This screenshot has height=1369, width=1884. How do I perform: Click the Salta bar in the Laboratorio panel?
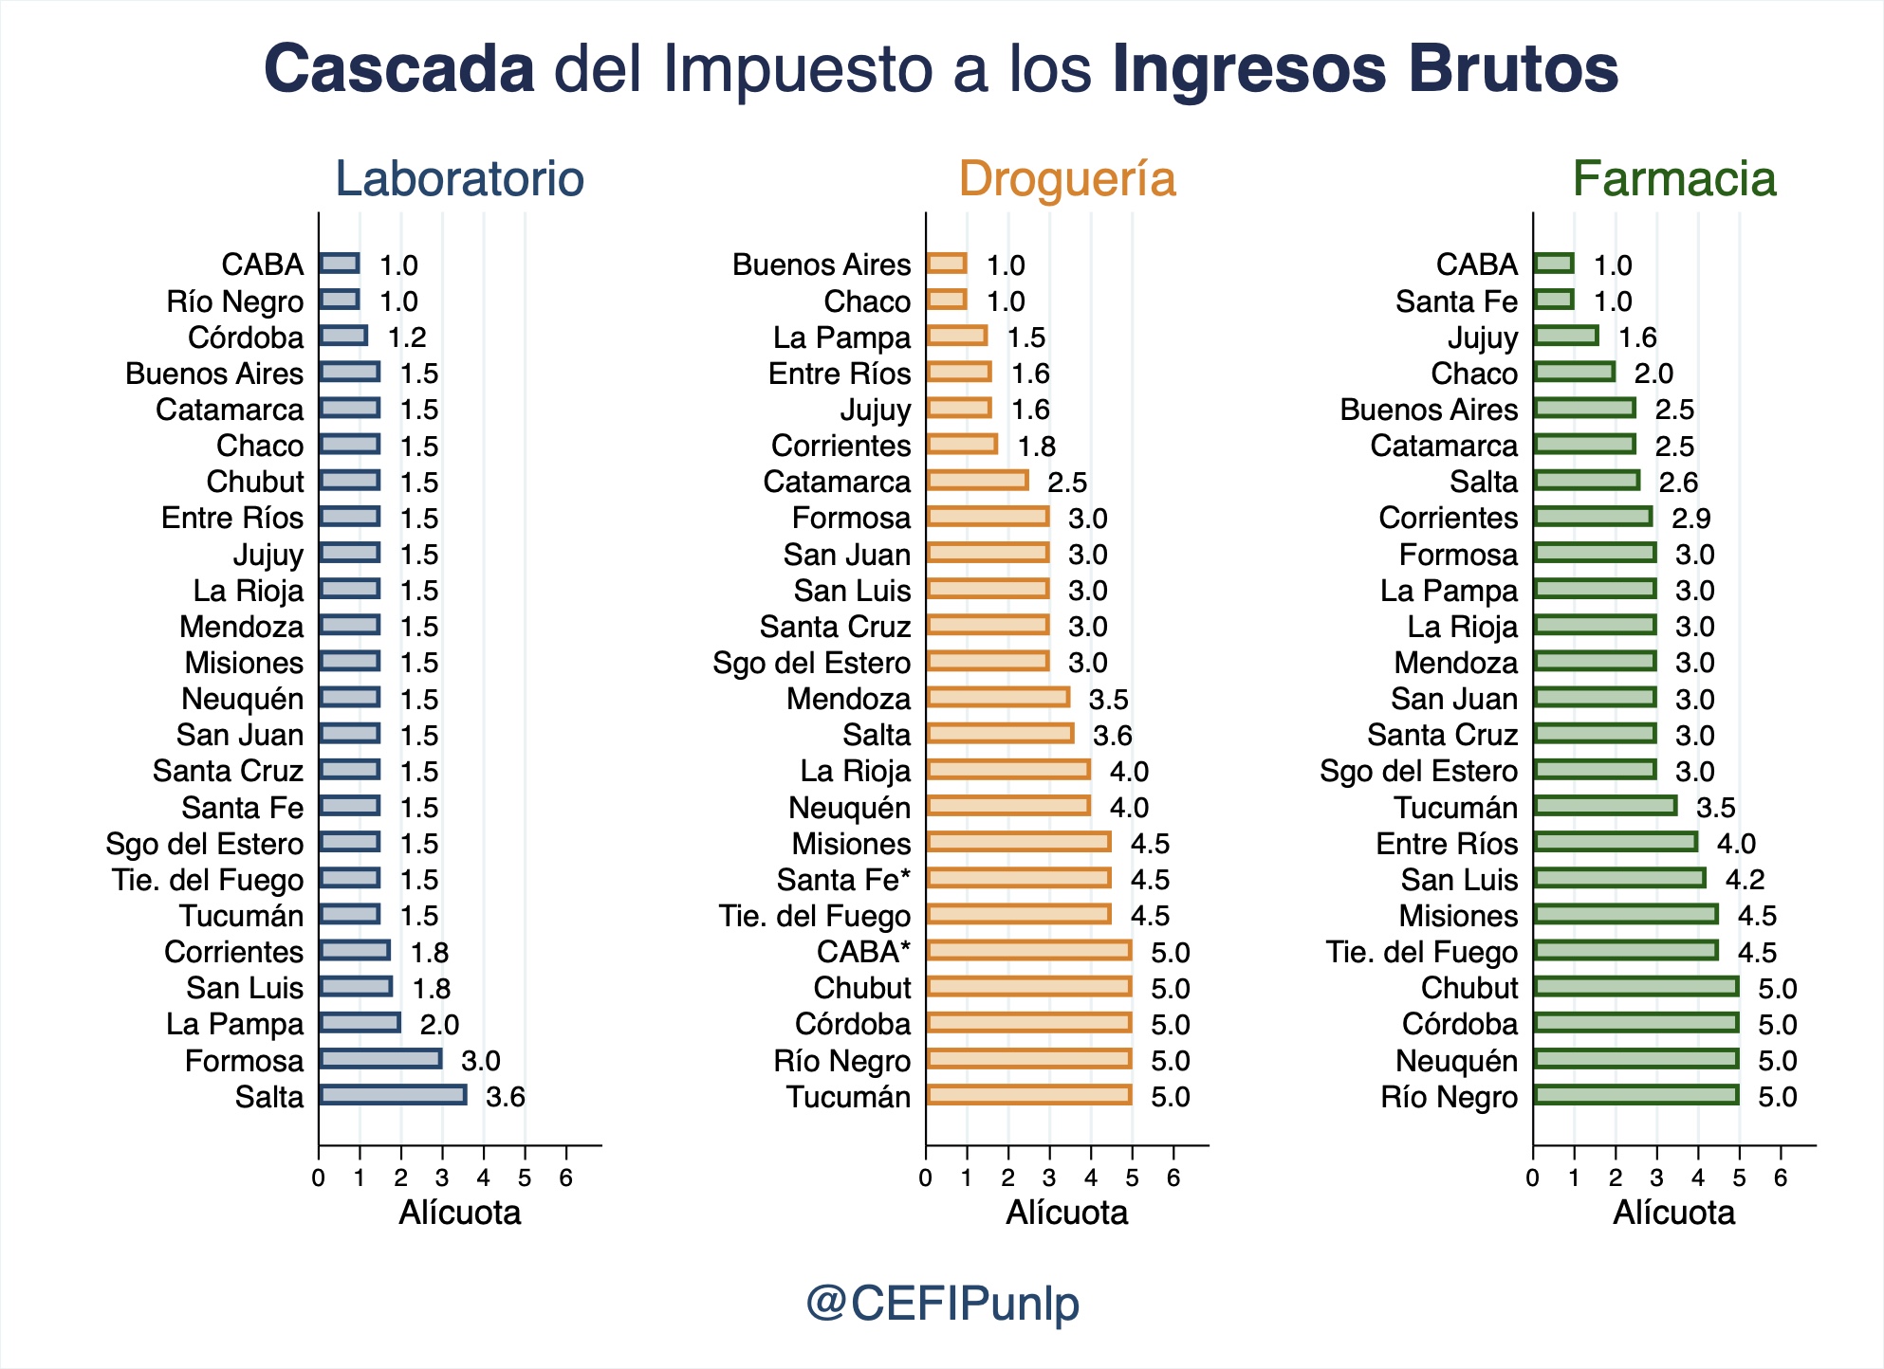pos(392,1095)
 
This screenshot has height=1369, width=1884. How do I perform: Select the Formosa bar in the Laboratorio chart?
pos(379,1059)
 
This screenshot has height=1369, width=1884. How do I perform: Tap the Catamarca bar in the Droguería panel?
pos(976,481)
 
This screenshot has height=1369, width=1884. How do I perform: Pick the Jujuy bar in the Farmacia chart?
pos(1565,336)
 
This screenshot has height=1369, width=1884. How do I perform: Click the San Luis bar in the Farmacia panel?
pos(1618,878)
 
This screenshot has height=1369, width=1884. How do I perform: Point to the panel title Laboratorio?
pos(459,179)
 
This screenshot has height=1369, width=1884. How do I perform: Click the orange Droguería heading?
pos(1066,179)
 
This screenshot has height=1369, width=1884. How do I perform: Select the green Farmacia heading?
pos(1673,179)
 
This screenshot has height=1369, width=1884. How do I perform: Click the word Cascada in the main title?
pos(398,69)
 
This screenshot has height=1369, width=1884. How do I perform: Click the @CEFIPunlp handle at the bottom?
pos(942,1303)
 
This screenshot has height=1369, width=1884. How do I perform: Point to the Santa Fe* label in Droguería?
pos(842,880)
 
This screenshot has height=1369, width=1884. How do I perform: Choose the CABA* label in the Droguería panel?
pos(862,952)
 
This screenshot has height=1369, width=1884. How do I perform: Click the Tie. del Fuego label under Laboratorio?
pos(208,880)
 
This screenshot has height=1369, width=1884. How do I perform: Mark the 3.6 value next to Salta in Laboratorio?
pos(505,1097)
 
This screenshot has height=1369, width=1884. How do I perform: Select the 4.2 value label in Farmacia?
pos(1745,880)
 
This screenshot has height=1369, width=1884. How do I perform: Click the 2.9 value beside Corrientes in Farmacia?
pos(1690,519)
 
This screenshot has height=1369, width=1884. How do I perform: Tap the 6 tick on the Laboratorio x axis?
pos(566,1178)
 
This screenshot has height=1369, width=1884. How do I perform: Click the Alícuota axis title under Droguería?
pos(1066,1213)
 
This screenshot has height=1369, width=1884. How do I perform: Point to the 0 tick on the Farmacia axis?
pos(1533,1178)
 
